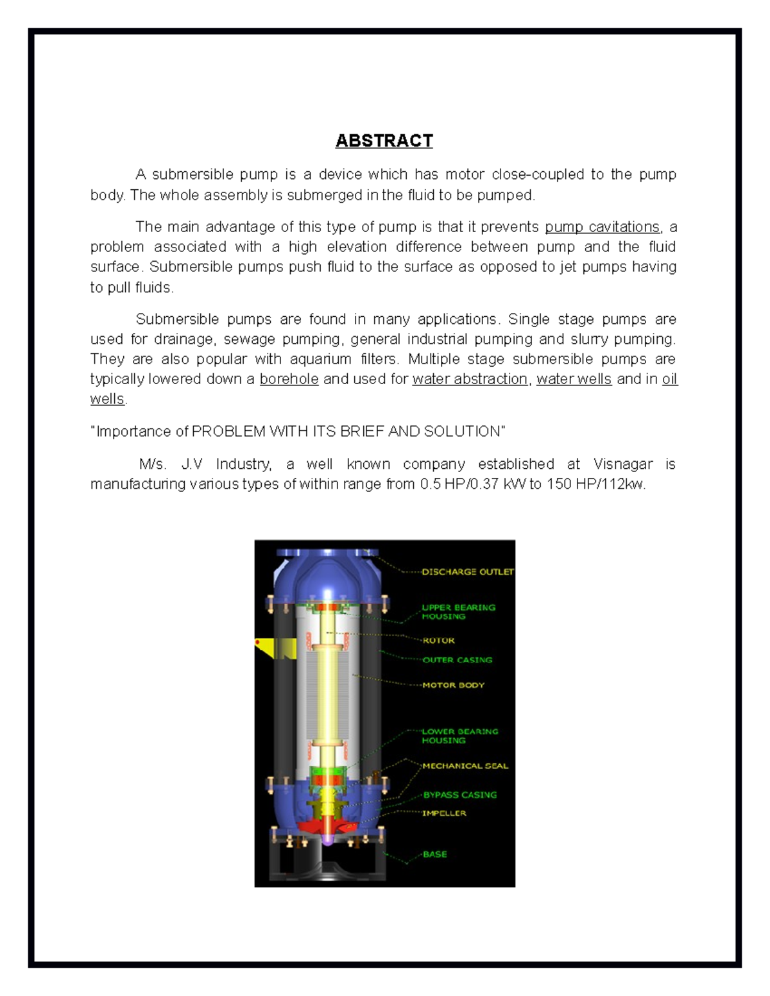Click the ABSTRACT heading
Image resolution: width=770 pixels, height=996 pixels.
click(x=384, y=140)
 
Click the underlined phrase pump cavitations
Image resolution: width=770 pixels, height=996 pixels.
click(x=602, y=227)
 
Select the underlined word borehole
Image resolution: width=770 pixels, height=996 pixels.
click(x=289, y=379)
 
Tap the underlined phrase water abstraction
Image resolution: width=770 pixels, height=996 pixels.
click(x=470, y=379)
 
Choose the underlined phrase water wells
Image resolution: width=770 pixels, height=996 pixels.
click(x=574, y=379)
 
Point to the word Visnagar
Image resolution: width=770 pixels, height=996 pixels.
click(x=622, y=464)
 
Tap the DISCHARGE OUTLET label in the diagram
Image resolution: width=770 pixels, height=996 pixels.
click(x=467, y=571)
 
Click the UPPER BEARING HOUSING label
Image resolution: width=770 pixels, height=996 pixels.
click(x=458, y=612)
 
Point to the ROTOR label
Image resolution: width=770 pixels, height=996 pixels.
click(x=438, y=640)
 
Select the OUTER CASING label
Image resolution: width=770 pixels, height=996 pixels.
click(x=457, y=660)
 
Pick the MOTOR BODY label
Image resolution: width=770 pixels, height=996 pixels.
click(x=453, y=685)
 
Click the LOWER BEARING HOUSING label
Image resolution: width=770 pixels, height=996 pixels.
click(x=459, y=736)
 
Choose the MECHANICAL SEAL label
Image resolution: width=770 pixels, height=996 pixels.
click(x=465, y=766)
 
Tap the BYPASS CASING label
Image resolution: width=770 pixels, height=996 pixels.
click(x=459, y=795)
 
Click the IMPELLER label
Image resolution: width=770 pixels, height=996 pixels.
click(x=444, y=813)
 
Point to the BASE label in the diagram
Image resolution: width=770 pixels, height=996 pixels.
click(x=434, y=854)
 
